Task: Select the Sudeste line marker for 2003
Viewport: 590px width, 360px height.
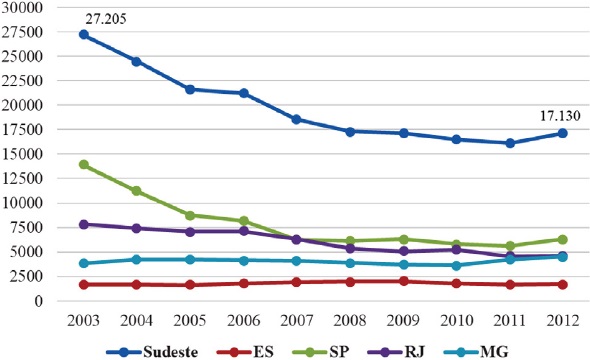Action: point(83,34)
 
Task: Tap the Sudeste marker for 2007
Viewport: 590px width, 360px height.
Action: point(296,119)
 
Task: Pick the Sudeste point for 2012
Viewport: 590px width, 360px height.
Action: point(563,133)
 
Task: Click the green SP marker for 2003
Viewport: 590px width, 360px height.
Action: point(83,164)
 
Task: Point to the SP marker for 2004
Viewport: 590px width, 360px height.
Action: point(136,191)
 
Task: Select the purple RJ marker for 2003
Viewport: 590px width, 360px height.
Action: point(83,224)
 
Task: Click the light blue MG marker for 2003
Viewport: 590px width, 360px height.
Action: point(83,263)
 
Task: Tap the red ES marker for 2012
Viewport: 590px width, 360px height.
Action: point(563,284)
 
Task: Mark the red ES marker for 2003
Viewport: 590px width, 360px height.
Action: point(83,284)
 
